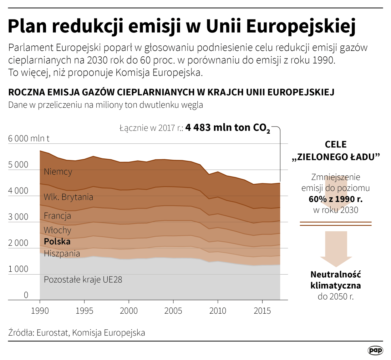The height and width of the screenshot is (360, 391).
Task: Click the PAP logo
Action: (x=375, y=350)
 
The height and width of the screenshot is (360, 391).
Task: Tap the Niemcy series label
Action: (x=58, y=172)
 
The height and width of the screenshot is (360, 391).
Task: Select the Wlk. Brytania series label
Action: (x=68, y=197)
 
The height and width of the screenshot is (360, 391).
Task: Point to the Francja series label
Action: (x=57, y=216)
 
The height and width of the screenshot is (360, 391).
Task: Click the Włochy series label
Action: (x=57, y=230)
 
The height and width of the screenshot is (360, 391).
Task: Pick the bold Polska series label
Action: (x=57, y=241)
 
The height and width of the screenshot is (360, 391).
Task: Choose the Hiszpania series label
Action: (x=62, y=253)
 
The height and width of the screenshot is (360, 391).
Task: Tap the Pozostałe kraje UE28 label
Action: (x=83, y=279)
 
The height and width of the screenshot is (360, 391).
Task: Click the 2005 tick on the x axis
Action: (x=173, y=311)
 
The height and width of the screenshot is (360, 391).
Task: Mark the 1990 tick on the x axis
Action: (x=40, y=311)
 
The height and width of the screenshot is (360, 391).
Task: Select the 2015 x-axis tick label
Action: (x=262, y=311)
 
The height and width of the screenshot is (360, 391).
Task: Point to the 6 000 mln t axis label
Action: (x=28, y=138)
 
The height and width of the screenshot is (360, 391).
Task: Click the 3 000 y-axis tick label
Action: (x=18, y=217)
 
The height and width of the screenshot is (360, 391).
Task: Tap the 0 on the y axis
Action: (x=26, y=295)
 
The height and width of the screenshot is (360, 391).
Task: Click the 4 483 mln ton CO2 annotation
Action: (x=227, y=128)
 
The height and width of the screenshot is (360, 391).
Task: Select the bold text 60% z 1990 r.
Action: (x=335, y=199)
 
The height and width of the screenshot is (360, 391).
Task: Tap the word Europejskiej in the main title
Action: (x=301, y=26)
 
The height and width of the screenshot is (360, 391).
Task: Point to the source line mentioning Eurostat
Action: (x=77, y=332)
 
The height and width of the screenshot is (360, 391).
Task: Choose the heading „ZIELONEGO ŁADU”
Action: (x=336, y=157)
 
